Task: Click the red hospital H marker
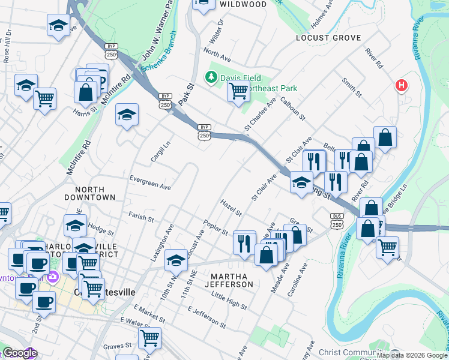click(x=401, y=86)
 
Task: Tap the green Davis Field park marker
click(x=211, y=77)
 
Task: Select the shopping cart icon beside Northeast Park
click(x=239, y=91)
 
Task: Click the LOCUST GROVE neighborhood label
click(x=328, y=38)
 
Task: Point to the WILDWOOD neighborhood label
click(x=243, y=4)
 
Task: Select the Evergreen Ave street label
click(x=150, y=182)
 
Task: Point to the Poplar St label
click(x=216, y=227)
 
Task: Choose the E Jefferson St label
click(x=206, y=317)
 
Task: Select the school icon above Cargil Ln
click(x=127, y=115)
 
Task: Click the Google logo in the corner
click(x=19, y=353)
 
